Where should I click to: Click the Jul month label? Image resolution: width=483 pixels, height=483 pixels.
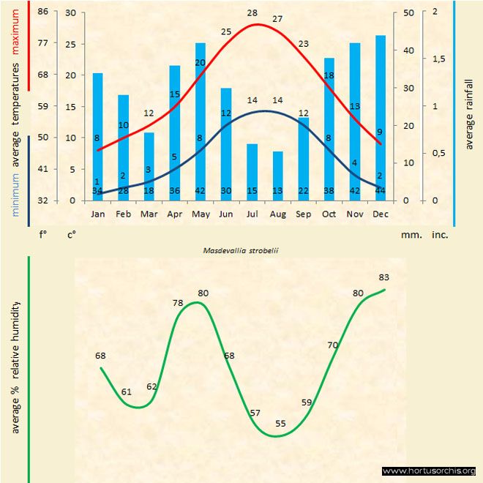[x=252, y=214]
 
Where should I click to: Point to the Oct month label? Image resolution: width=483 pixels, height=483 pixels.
[x=329, y=214]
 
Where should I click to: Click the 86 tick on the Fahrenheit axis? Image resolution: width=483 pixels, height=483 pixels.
[x=43, y=12]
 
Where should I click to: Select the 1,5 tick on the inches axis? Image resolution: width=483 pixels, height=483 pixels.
[x=439, y=59]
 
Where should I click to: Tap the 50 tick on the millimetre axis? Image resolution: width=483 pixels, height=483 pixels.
[x=408, y=12]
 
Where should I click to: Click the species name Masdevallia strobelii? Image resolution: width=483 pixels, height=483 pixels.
[x=242, y=250]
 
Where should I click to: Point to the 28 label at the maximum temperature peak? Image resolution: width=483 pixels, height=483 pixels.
[x=252, y=13]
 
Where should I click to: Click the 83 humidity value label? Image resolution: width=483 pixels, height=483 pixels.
[x=384, y=277]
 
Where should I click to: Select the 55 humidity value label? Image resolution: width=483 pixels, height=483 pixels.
[x=281, y=424]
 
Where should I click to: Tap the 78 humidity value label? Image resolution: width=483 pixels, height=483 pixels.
[x=178, y=302]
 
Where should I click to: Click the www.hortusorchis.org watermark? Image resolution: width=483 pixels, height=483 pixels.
[x=429, y=471]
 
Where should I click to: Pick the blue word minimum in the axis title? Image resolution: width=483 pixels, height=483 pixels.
[x=16, y=193]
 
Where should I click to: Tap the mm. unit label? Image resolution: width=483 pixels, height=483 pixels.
[x=410, y=236]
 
